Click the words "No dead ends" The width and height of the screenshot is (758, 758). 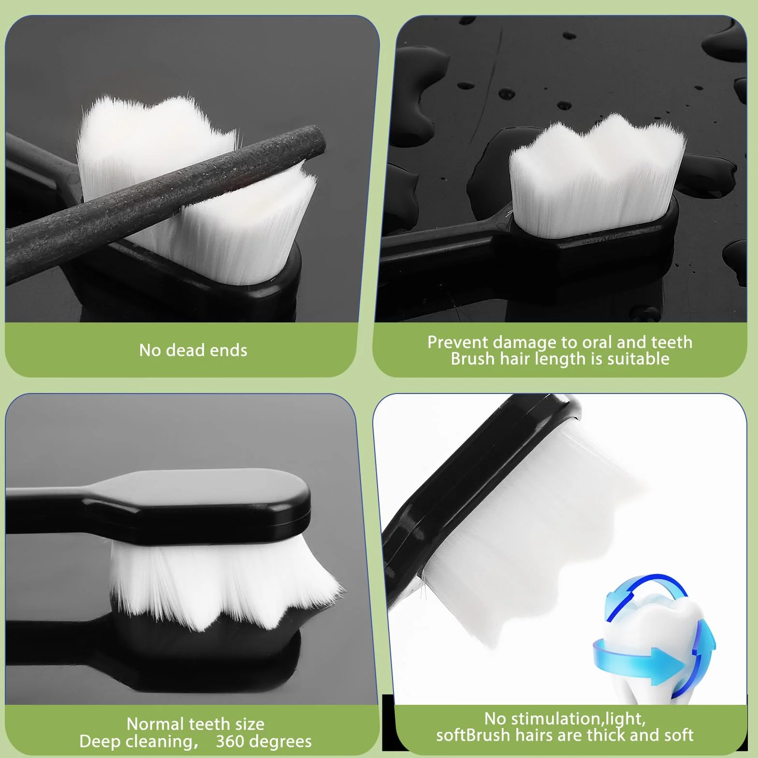click(193, 350)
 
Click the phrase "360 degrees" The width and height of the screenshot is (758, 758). click(263, 741)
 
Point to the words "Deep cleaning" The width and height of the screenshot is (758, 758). click(138, 741)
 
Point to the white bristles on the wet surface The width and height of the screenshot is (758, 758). click(597, 174)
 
